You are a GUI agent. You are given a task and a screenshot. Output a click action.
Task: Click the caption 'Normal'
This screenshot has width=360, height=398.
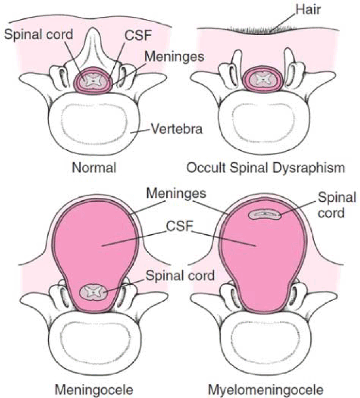pos(94,168)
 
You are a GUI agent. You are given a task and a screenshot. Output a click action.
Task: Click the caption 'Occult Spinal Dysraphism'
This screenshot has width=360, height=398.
pos(266,168)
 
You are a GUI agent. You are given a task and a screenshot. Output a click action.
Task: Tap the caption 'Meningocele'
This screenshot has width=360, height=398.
pos(94,390)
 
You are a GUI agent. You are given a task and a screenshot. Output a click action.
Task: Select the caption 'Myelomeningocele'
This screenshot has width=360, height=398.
pos(265,390)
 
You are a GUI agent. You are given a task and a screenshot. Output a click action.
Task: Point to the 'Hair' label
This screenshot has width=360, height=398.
pos(309,9)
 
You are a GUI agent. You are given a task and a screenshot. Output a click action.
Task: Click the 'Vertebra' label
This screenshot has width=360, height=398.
pos(177,129)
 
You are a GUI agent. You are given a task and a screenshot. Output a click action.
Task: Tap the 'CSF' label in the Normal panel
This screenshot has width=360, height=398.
pos(138,35)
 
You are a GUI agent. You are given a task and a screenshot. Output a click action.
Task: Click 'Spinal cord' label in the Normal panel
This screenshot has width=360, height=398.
pos(38,34)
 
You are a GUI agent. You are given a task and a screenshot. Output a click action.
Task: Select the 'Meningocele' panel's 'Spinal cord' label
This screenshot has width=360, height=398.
pos(180,276)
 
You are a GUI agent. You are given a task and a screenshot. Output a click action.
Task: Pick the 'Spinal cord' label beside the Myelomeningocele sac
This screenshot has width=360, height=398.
pos(337,205)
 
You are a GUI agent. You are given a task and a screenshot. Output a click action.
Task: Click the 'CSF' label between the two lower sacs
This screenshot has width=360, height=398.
pos(180,225)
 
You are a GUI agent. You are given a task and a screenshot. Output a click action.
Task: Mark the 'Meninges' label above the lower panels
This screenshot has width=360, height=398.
pos(176,194)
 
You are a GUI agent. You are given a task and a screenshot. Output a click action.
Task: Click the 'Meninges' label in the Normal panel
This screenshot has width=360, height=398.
pos(174,56)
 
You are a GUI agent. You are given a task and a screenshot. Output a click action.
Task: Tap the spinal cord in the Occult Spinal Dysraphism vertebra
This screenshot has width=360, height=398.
pos(263,79)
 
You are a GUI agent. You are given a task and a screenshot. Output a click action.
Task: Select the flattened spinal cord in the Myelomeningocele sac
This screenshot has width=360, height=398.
pos(265,215)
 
